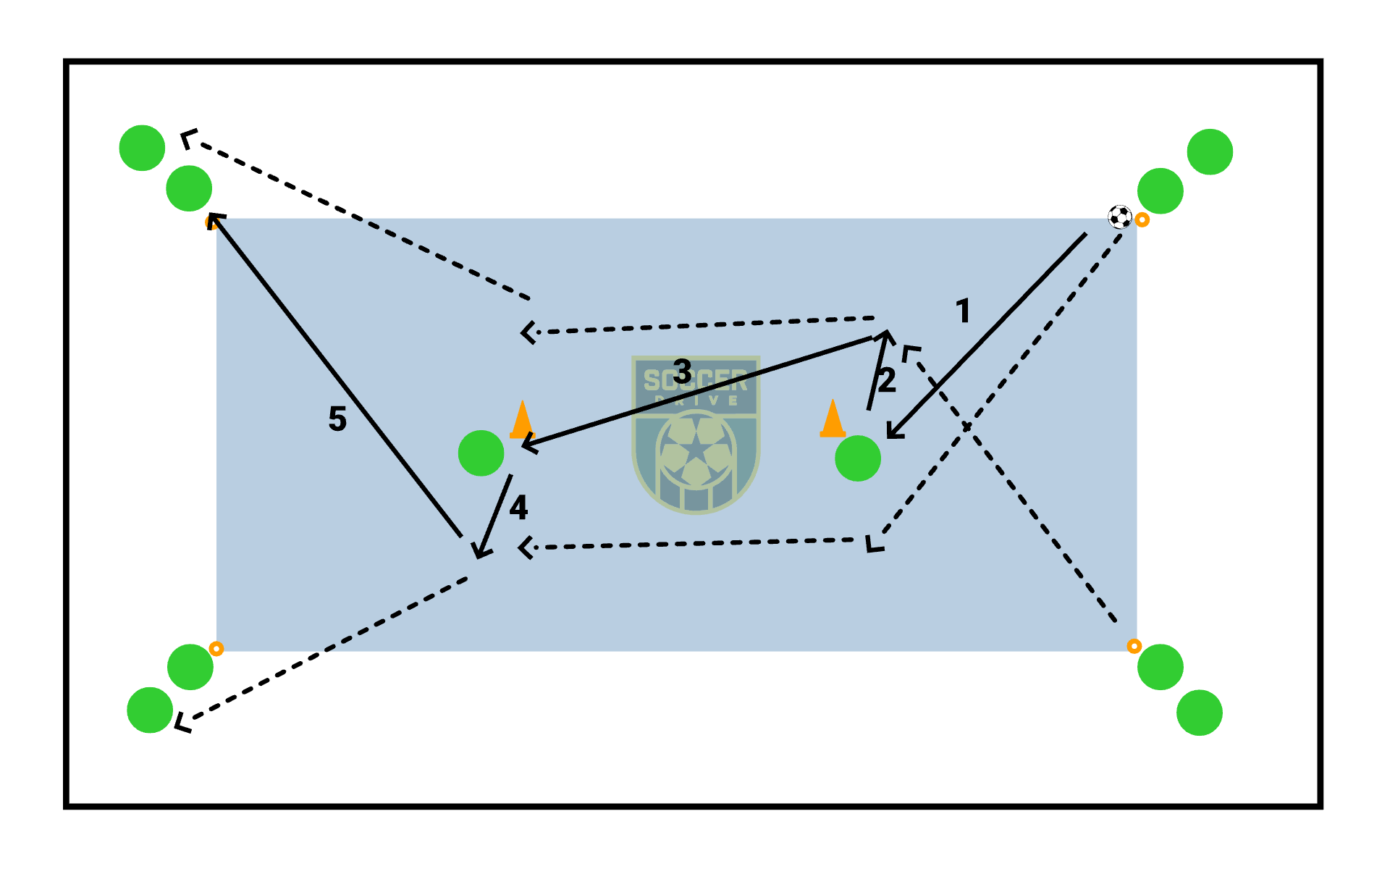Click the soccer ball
1120,217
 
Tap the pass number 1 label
963,311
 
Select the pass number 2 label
888,380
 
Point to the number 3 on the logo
682,371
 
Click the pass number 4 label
518,508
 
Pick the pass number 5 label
337,419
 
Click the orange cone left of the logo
521,420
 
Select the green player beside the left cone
481,453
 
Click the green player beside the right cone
858,458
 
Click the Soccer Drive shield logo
696,434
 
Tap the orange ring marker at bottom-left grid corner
216,649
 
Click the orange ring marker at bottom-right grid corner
1134,646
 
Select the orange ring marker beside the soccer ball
1142,219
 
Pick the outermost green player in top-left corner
143,148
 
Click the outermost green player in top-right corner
1210,152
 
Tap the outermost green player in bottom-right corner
1200,713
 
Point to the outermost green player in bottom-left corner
150,710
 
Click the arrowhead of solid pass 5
214,219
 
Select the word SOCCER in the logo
696,380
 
